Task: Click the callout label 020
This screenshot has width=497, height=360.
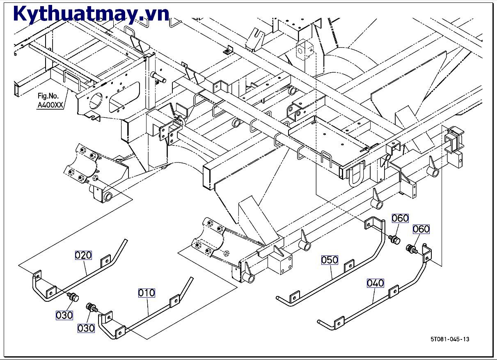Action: coord(83,255)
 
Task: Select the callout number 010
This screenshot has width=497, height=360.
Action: coord(147,293)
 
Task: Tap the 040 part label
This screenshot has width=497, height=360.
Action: coord(375,283)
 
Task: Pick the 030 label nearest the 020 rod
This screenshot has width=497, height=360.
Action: coord(64,315)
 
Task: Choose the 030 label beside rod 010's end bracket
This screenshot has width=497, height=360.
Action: coord(86,328)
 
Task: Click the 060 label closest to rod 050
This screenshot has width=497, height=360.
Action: coord(400,218)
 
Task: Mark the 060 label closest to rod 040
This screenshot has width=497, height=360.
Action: coord(421,229)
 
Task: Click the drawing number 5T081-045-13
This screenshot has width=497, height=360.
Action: coord(449,339)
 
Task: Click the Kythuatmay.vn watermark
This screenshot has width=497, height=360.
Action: coord(91,14)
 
